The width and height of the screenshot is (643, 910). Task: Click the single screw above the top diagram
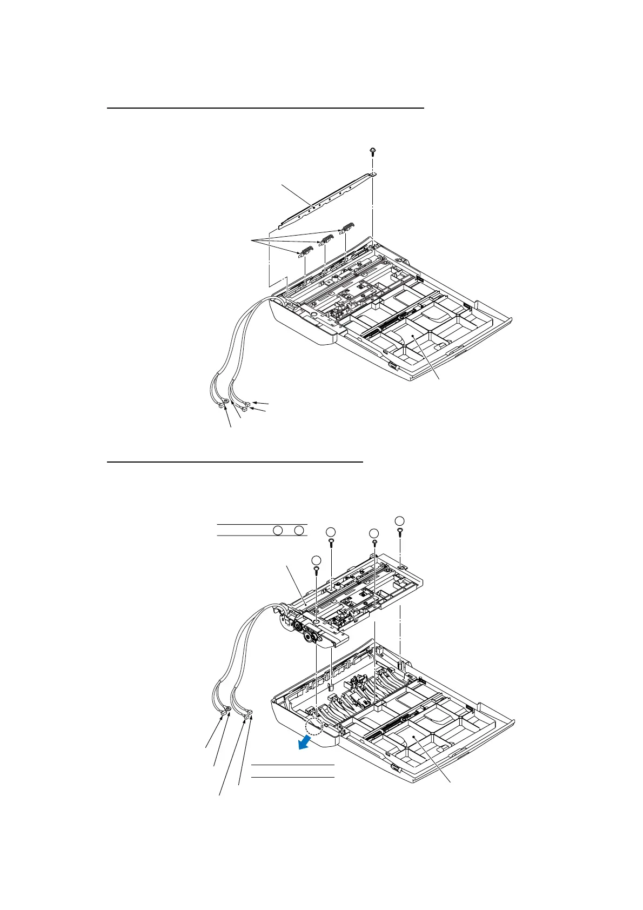[373, 150]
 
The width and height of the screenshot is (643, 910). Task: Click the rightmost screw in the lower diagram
[399, 532]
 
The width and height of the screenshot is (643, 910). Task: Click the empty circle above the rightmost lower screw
[399, 520]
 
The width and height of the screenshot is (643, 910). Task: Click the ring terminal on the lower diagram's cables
[228, 708]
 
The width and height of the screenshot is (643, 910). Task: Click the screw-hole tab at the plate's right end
[373, 174]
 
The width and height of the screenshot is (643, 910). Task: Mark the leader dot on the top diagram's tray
[413, 336]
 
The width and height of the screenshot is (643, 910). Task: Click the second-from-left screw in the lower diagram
[331, 541]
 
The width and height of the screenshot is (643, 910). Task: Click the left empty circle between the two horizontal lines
[277, 530]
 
